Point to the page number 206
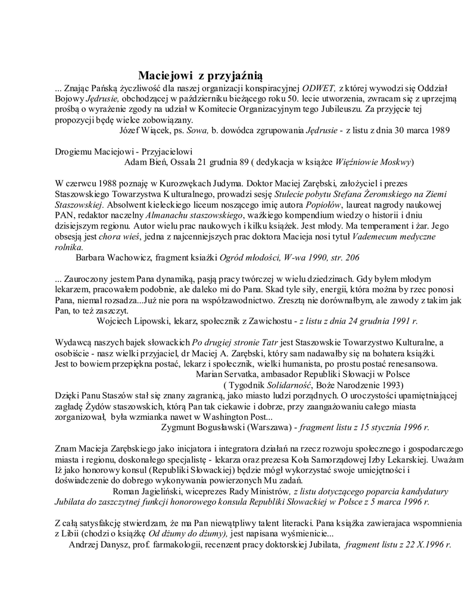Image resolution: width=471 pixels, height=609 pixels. (x=351, y=258)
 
